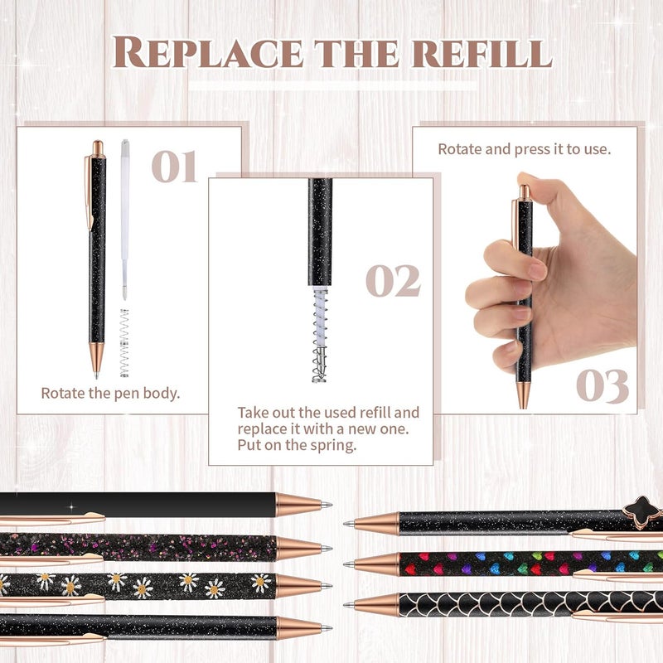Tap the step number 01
click(x=174, y=166)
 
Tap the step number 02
click(x=393, y=282)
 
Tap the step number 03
click(x=603, y=385)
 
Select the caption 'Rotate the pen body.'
click(x=110, y=393)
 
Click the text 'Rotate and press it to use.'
click(x=525, y=150)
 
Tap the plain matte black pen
click(x=141, y=505)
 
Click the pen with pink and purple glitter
click(x=141, y=547)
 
